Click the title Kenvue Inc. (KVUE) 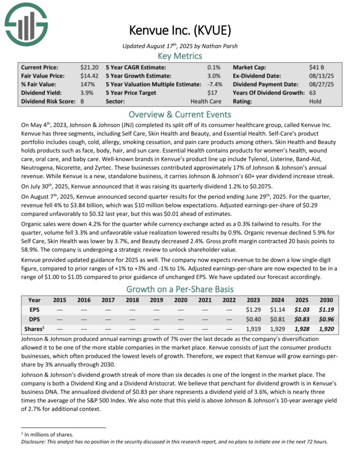point(180,30)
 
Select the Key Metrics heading point(180,56)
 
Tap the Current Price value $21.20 point(89,67)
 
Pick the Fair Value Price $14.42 point(89,76)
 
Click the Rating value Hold point(315,101)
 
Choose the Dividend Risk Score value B point(83,101)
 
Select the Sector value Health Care point(208,101)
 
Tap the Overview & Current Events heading point(180,114)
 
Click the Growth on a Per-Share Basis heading point(180,290)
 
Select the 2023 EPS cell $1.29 point(253,309)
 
